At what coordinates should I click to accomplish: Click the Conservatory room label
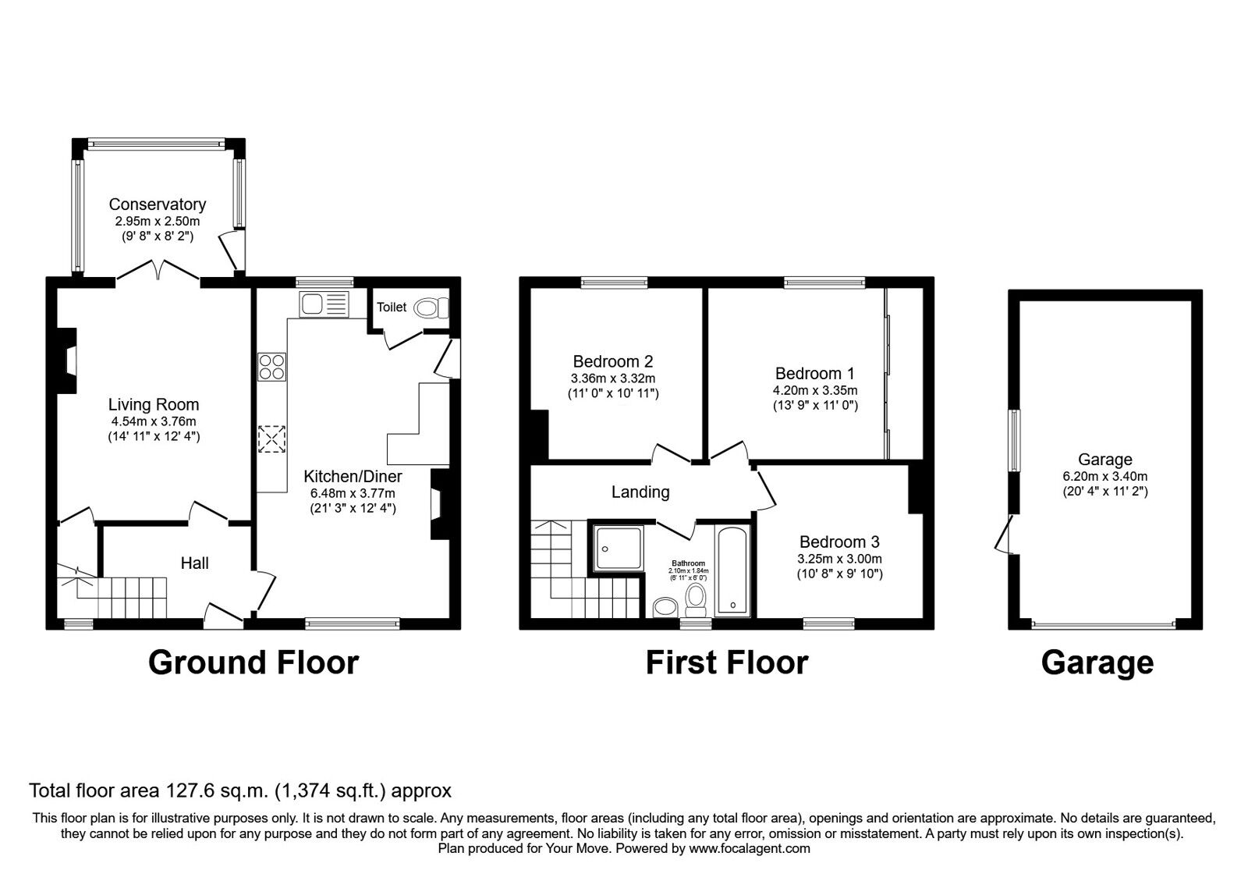[x=157, y=204]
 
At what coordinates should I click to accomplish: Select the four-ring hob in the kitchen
[x=272, y=367]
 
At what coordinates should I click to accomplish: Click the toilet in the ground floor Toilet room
[x=429, y=308]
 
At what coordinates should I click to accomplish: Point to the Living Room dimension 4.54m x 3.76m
[x=154, y=421]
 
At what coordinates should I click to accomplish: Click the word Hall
[x=194, y=563]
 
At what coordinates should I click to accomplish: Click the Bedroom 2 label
[x=612, y=361]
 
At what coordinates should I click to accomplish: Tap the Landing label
[x=640, y=492]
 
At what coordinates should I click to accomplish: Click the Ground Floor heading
[x=253, y=663]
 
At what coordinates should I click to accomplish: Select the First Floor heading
[x=726, y=663]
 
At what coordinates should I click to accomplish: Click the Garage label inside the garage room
[x=1104, y=460]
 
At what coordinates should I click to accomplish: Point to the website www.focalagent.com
[x=750, y=848]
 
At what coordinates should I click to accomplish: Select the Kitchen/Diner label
[x=353, y=476]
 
